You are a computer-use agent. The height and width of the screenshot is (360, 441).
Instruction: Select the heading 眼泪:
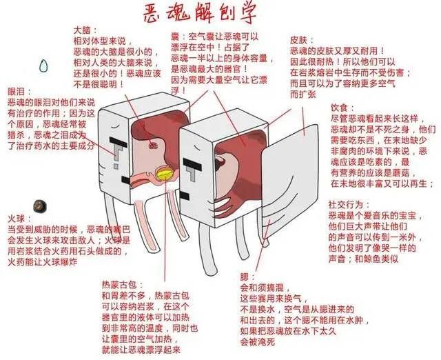(x=19, y=91)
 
